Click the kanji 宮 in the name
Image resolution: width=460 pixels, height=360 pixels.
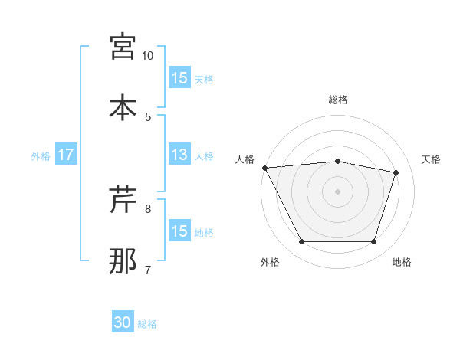123,47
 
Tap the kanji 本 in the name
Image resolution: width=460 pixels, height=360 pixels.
123,107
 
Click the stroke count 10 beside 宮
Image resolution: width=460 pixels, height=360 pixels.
148,56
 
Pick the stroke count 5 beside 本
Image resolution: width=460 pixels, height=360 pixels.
148,116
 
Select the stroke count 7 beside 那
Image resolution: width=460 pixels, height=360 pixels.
148,270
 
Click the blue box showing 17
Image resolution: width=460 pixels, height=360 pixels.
66,155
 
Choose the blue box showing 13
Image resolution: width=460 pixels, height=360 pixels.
179,155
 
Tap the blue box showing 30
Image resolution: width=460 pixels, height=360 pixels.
123,323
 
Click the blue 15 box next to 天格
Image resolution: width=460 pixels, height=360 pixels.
179,78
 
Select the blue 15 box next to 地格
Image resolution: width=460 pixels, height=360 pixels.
179,232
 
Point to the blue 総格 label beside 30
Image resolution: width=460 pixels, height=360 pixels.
148,324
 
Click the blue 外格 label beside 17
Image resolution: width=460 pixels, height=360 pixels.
41,155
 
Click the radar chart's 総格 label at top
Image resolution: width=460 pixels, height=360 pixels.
338,100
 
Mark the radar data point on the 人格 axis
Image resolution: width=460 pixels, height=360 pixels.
264,168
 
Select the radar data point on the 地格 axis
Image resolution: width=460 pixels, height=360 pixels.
374,242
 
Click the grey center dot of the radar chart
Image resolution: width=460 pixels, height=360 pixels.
338,191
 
